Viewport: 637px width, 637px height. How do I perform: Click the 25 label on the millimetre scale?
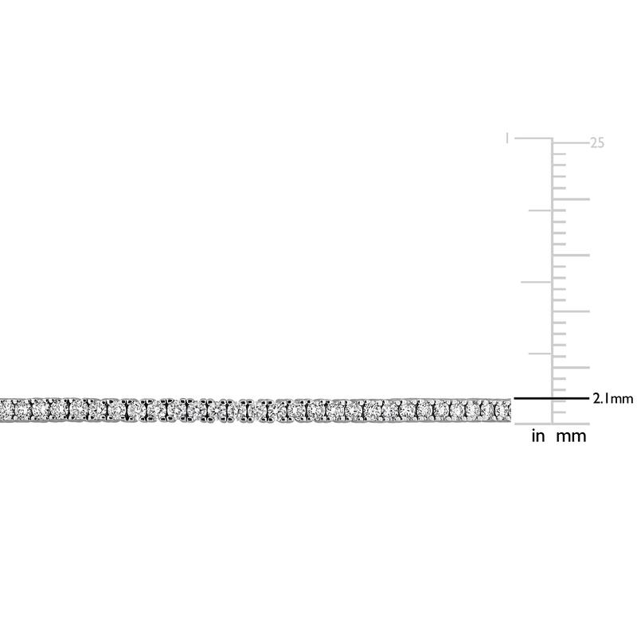click(x=596, y=143)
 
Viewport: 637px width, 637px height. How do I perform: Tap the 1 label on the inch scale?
click(x=506, y=138)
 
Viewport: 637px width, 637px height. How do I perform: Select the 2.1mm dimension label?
click(x=612, y=399)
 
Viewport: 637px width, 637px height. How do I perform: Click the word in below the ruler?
click(x=538, y=436)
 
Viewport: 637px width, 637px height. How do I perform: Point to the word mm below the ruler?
click(x=571, y=436)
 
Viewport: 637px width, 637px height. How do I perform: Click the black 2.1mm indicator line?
click(x=551, y=399)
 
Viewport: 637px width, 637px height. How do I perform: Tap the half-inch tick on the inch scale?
click(x=536, y=282)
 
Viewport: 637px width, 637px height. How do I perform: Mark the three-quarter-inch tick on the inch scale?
click(x=540, y=210)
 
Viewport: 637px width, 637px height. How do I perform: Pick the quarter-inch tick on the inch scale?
click(x=540, y=354)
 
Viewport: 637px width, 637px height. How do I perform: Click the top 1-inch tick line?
click(x=533, y=139)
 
